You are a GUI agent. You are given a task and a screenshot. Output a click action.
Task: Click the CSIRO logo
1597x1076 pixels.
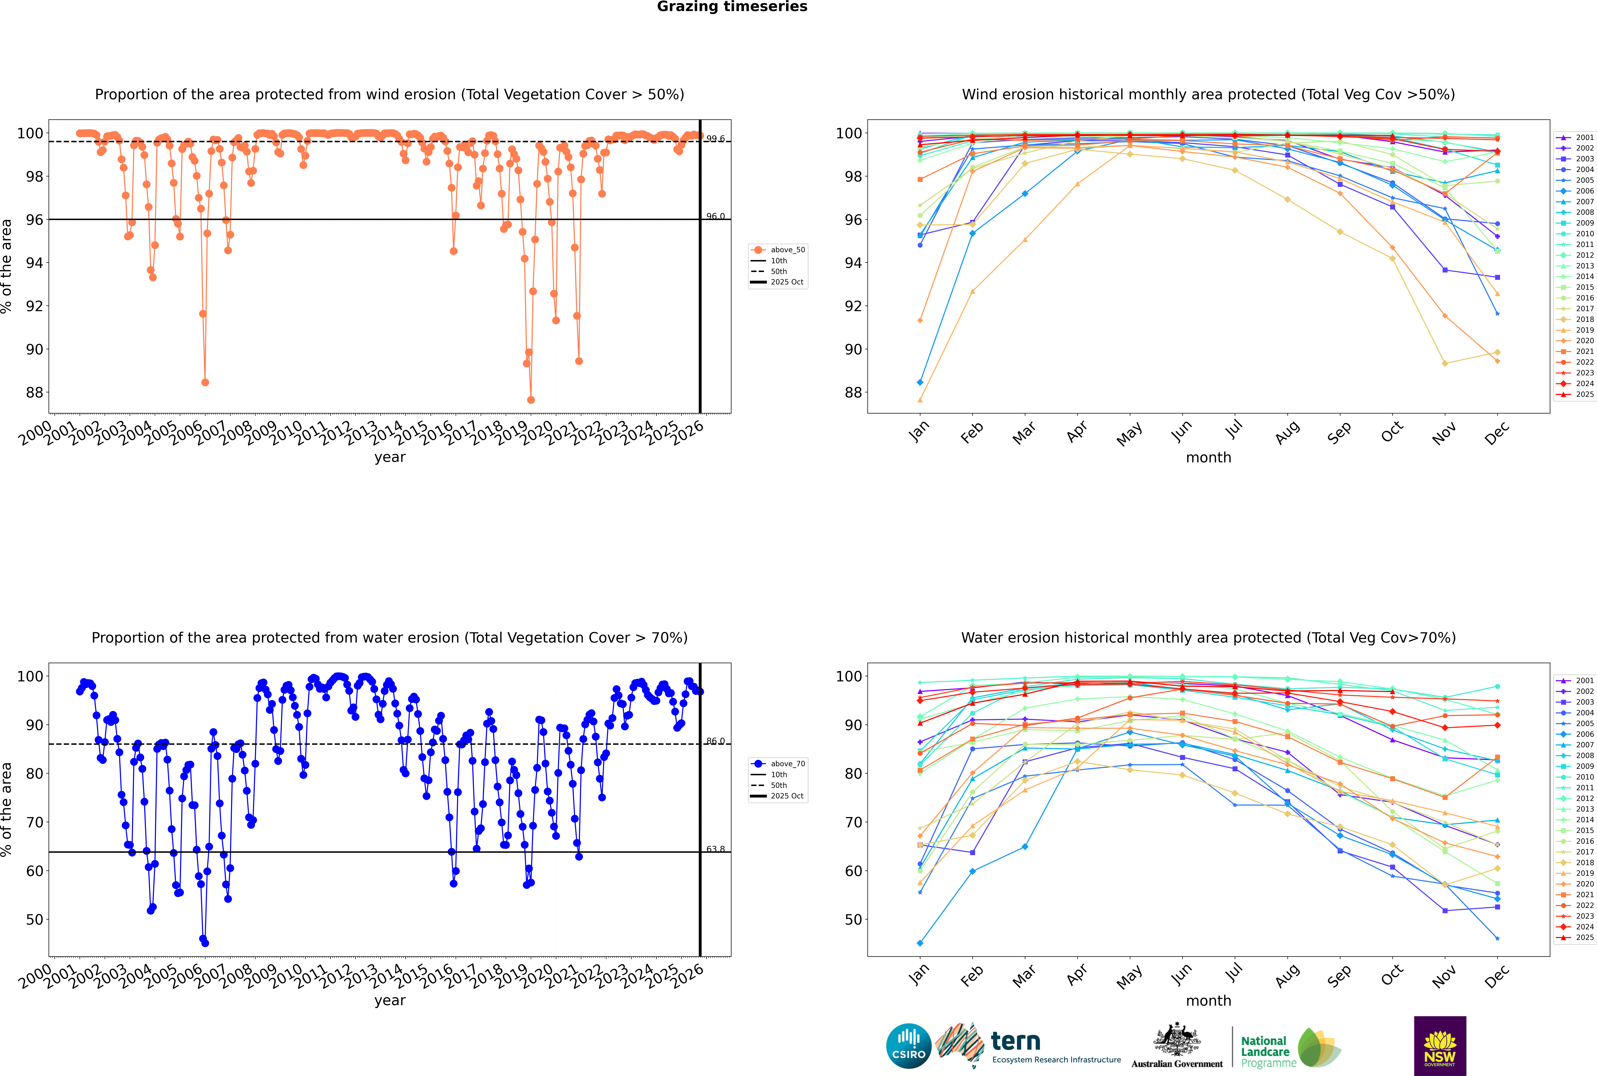coord(908,1046)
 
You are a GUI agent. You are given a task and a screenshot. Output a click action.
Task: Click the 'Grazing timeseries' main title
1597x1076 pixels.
coord(732,7)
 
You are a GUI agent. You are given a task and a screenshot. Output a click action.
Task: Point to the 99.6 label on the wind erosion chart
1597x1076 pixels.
coord(715,139)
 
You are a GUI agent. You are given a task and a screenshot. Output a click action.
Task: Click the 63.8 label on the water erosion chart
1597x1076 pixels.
coord(715,849)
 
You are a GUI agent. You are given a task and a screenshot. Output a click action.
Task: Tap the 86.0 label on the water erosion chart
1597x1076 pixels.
coord(715,741)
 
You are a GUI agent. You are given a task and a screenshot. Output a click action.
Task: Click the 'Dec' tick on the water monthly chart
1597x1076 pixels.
coord(1497,976)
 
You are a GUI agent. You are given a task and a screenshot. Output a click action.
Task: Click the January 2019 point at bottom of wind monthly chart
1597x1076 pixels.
coord(920,400)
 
